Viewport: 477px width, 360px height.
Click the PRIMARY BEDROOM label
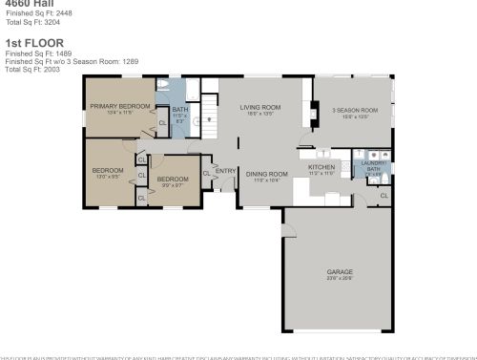coord(120,107)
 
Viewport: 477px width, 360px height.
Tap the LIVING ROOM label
coord(259,107)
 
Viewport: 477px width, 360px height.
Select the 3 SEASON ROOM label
coord(355,111)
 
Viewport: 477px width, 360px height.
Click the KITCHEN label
coord(321,167)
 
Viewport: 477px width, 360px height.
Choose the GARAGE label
coord(340,271)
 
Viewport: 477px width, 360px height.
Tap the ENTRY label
coord(225,171)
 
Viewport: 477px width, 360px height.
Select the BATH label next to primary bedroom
coord(179,110)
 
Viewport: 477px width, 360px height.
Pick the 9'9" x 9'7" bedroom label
coord(173,180)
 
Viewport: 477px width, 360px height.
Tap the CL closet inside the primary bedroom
coord(161,122)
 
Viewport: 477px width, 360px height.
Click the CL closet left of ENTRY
coord(207,173)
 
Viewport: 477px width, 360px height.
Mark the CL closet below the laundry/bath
coord(383,196)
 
